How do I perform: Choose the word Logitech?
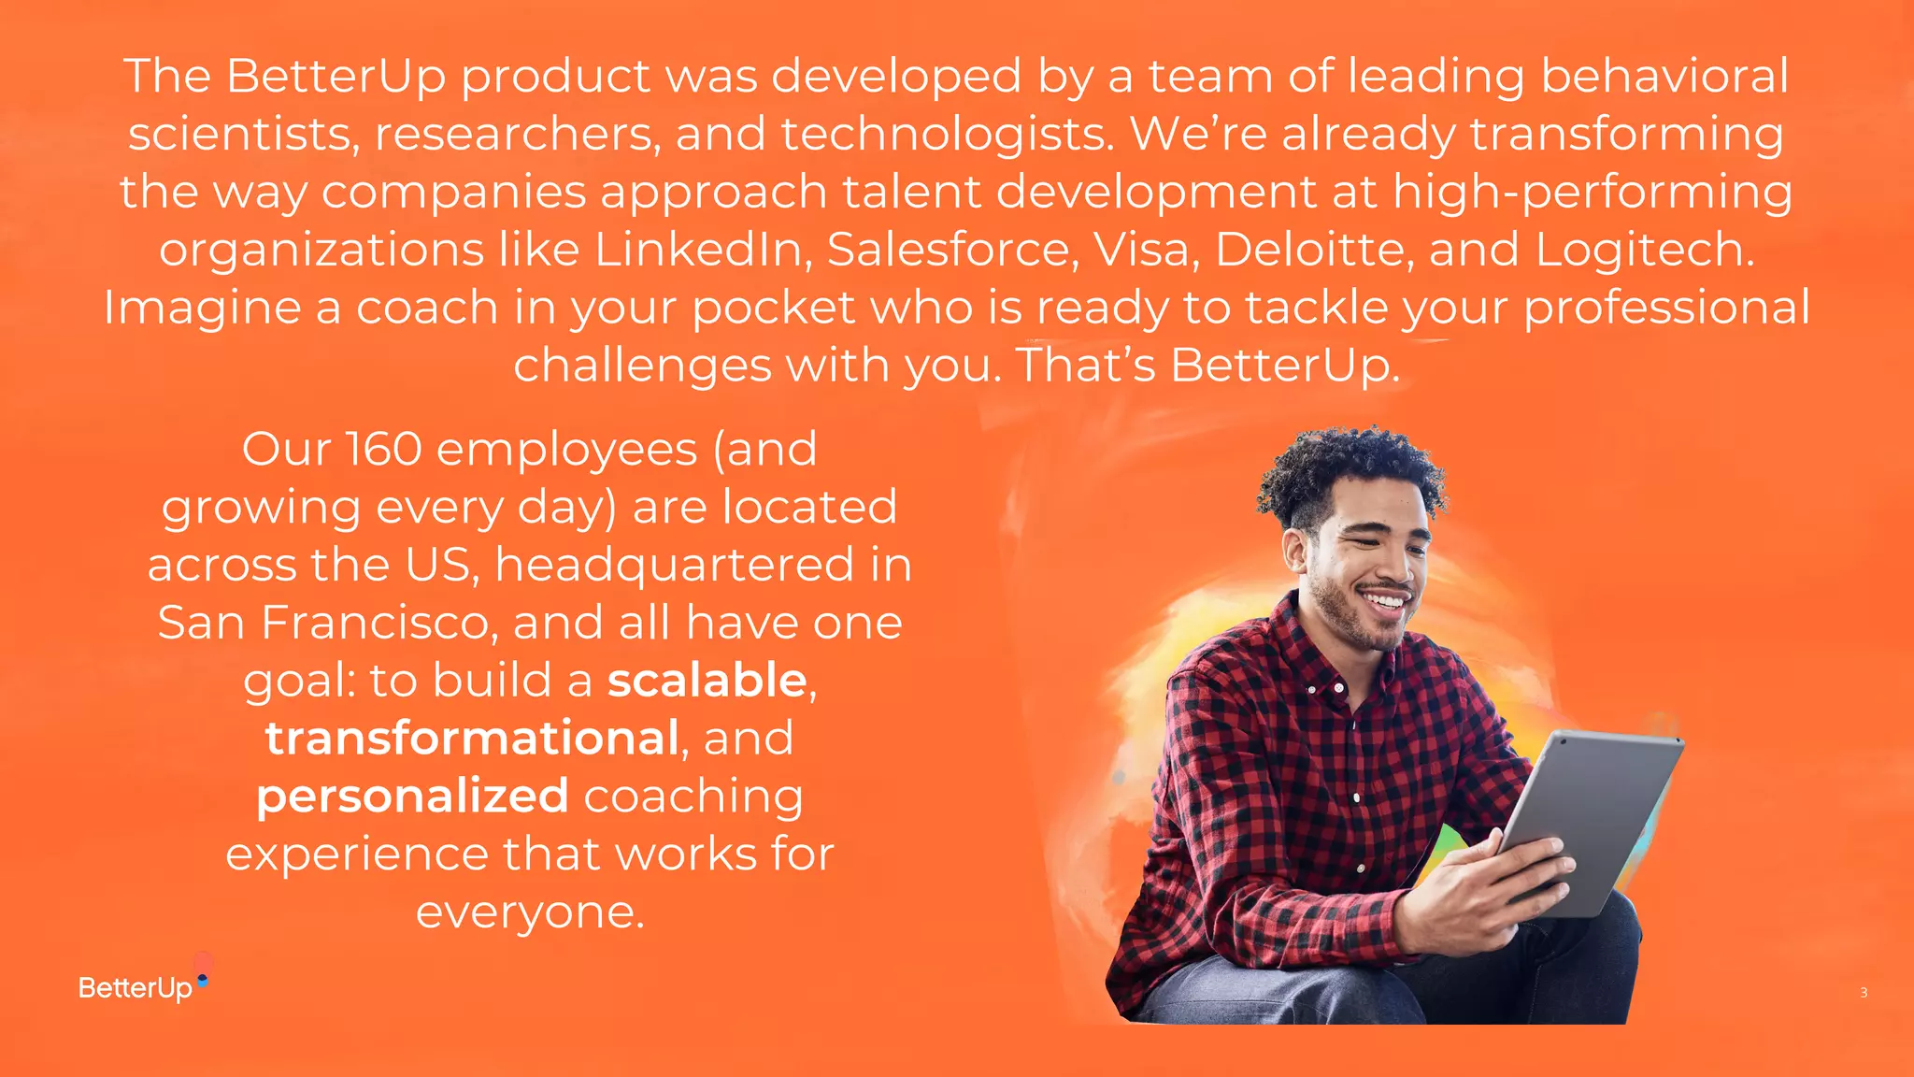coord(1645,250)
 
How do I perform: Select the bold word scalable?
coord(707,680)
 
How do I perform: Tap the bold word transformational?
coord(472,738)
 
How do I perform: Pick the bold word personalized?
coord(412,796)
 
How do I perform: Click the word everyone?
coord(529,912)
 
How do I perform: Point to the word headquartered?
coord(674,565)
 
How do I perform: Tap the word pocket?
coord(773,308)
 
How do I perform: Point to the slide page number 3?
coord(1864,993)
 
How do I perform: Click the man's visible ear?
coord(1295,553)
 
